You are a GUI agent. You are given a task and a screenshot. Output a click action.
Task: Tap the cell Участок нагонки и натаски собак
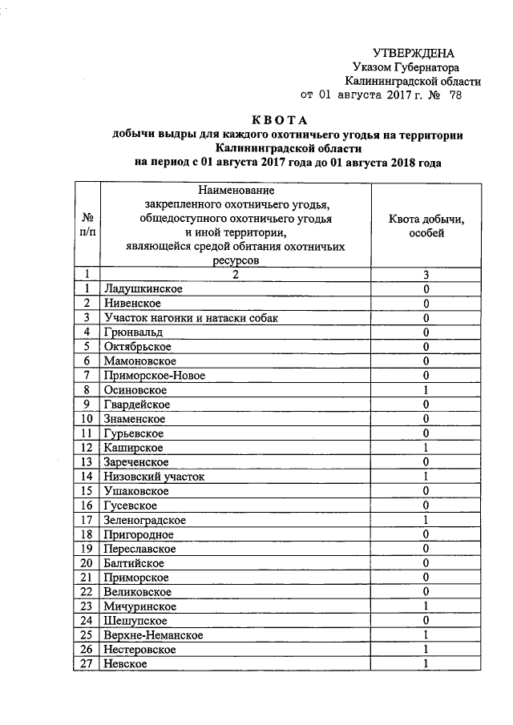click(191, 317)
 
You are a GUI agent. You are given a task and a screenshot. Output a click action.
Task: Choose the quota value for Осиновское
click(427, 389)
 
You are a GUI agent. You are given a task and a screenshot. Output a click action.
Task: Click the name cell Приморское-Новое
click(154, 375)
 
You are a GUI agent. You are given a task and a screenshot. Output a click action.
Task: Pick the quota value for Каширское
click(427, 447)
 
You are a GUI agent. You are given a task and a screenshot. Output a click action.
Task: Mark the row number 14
click(87, 476)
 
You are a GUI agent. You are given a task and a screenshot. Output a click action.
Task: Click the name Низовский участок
click(154, 476)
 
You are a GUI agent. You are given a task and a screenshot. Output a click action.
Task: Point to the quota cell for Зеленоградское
click(427, 520)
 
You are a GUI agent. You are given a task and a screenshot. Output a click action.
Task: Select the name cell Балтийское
click(134, 563)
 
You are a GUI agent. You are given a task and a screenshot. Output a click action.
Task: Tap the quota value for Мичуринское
click(427, 606)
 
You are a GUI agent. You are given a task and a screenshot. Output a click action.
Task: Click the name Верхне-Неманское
click(153, 635)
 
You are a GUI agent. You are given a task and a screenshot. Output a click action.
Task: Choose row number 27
click(87, 664)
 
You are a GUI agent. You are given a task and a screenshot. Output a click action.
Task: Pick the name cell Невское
click(126, 664)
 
